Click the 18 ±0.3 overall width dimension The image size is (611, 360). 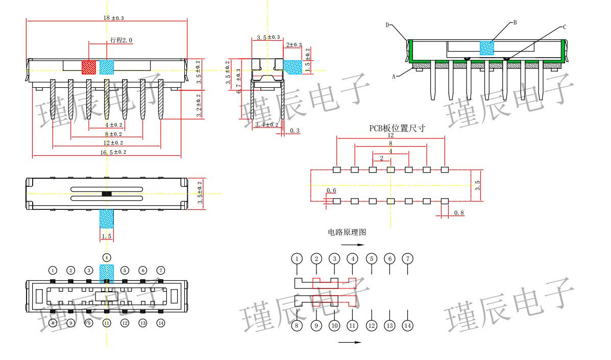(113, 18)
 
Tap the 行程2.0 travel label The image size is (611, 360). (121, 40)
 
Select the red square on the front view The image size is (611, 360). (89, 67)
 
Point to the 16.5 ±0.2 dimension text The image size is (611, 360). (113, 152)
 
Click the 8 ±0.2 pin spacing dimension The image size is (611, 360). (113, 134)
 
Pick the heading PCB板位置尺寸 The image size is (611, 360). (398, 129)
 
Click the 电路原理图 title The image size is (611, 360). (347, 232)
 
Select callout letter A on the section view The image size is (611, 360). (394, 77)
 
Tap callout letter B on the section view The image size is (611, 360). (515, 22)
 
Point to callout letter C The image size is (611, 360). (565, 27)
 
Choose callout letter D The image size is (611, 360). (387, 25)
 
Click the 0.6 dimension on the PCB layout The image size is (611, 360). (331, 191)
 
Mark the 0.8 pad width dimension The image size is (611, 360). (459, 213)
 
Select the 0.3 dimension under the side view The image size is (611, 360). (295, 131)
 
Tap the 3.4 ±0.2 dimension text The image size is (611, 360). (266, 125)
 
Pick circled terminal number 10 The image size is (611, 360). (334, 325)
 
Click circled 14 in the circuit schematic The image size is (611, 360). (407, 325)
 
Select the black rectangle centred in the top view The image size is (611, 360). (106, 194)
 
